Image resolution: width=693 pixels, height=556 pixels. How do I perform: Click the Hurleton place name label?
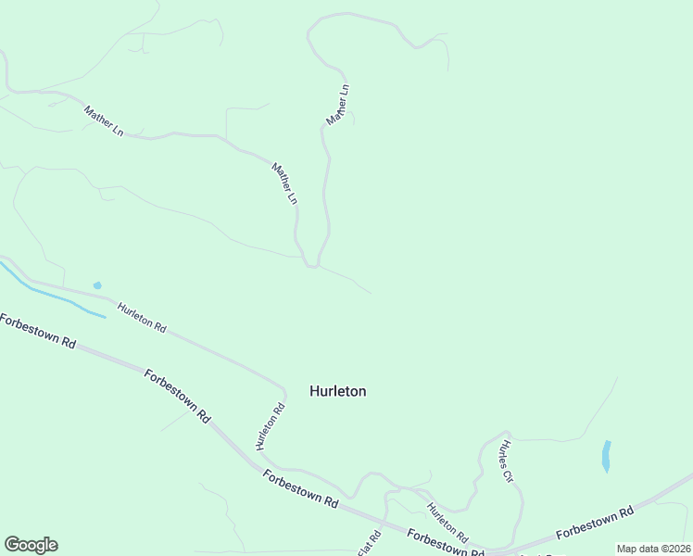337,391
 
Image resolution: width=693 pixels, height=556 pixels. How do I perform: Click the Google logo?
31,545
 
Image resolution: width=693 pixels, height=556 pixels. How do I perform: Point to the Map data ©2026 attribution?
654,549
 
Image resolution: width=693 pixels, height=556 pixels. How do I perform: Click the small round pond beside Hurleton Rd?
97,285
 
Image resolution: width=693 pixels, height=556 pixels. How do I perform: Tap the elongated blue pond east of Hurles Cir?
606,455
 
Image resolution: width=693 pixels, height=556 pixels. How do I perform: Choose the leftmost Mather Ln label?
103,121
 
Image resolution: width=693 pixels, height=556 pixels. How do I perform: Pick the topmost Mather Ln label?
338,105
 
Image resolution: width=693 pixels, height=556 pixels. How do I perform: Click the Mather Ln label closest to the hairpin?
284,183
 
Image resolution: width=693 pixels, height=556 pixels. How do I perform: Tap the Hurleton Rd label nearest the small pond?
142,316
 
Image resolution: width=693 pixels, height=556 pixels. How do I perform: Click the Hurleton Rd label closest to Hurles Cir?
447,524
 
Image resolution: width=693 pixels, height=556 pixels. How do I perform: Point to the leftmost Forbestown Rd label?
37,331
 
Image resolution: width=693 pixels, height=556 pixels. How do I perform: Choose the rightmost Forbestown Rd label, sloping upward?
594,524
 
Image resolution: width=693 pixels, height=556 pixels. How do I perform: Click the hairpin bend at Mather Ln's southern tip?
312,266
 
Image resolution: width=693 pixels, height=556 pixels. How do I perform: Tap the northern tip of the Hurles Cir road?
506,432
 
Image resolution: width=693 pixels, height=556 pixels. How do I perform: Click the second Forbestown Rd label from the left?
178,397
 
